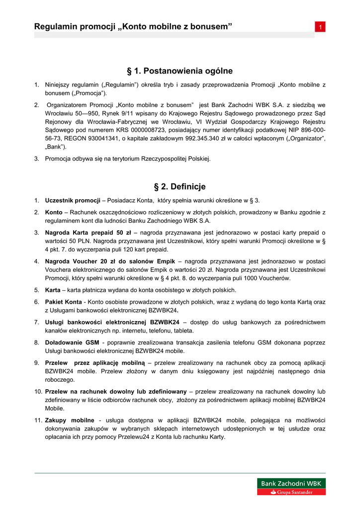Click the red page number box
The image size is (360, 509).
tap(321, 27)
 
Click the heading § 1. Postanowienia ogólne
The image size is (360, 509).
tap(180, 71)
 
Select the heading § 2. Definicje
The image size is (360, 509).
tap(180, 187)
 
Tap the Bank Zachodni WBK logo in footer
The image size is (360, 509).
tap(291, 487)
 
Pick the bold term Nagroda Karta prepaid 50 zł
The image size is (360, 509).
tap(88, 233)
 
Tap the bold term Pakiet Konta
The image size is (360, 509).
tap(64, 302)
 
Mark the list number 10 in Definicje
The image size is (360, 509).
tap(38, 392)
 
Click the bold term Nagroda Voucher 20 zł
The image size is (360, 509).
tap(87, 261)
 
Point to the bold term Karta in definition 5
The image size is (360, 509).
tap(53, 290)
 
